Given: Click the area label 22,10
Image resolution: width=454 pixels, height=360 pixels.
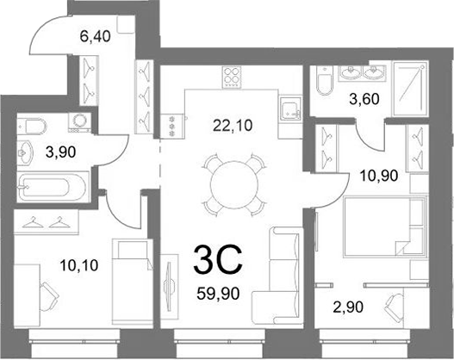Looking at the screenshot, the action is click(233, 126).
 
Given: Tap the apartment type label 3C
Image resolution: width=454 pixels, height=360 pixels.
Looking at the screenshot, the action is click(218, 259).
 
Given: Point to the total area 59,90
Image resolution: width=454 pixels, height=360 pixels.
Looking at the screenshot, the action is click(218, 294).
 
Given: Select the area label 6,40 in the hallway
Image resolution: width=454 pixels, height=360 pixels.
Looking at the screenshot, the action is click(96, 37).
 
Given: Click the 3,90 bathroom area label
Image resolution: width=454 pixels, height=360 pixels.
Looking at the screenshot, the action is click(61, 152).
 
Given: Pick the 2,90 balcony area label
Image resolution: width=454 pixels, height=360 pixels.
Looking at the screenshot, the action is click(348, 307).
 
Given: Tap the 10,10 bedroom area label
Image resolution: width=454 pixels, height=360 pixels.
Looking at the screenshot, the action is click(79, 265).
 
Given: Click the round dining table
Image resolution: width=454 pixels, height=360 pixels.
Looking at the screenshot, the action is click(234, 184).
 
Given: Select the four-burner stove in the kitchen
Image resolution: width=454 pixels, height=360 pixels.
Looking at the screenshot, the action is click(232, 77).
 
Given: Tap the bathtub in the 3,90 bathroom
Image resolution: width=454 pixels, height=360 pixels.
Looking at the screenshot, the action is click(53, 187).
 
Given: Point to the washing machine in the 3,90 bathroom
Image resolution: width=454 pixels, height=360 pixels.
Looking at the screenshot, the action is click(79, 122).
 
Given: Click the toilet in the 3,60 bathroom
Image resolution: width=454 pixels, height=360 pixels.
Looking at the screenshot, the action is click(325, 81).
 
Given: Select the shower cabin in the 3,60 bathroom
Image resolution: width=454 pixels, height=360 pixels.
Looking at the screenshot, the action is click(410, 88).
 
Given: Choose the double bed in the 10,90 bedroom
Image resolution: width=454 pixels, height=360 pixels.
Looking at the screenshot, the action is click(385, 227).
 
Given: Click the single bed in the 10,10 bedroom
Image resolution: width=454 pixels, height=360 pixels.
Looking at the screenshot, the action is click(133, 282).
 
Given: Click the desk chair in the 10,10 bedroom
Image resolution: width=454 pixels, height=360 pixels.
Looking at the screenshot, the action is click(48, 296).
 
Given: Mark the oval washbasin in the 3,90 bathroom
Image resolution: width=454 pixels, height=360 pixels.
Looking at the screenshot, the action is click(26, 152).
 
